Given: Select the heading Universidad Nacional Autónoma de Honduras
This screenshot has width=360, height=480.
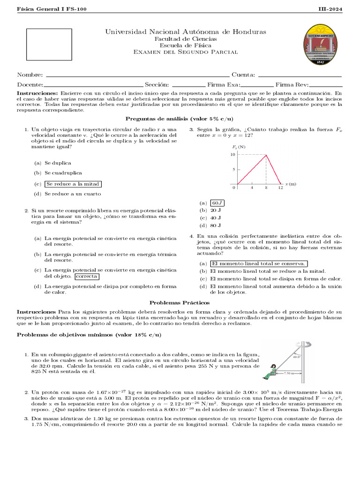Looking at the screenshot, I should (186, 31).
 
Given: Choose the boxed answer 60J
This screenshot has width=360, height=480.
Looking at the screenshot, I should (217, 203).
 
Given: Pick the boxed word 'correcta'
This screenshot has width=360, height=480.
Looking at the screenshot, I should (86, 277).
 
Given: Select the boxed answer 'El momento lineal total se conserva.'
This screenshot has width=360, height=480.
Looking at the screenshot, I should (258, 263).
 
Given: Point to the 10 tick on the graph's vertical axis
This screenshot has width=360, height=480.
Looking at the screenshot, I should (232, 155).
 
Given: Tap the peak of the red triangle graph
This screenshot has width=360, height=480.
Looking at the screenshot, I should (267, 155).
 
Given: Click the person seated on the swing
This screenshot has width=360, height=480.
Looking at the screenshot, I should (271, 371).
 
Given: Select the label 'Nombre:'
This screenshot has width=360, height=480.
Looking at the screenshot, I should (30, 75).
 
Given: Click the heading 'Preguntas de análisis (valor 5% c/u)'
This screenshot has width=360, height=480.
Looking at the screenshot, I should (180, 119).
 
